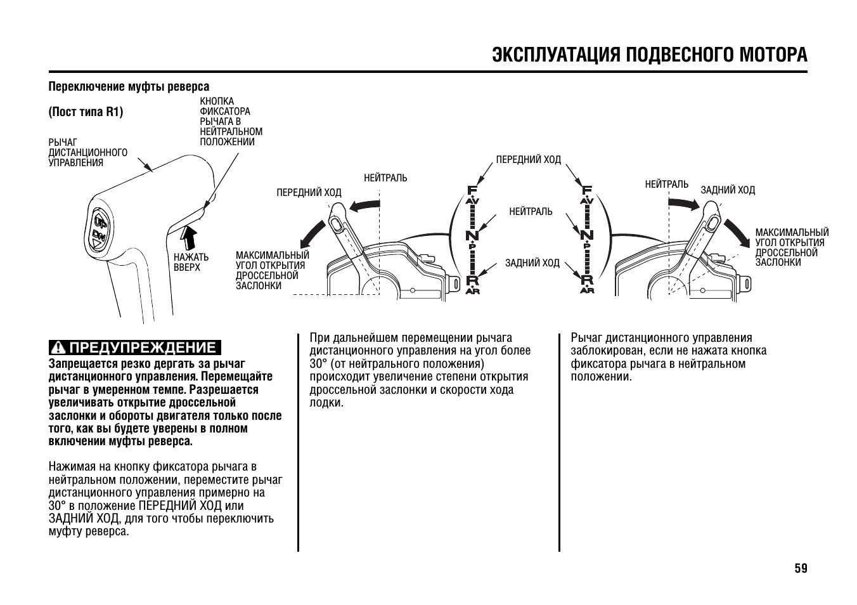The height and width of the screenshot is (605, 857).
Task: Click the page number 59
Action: (x=801, y=568)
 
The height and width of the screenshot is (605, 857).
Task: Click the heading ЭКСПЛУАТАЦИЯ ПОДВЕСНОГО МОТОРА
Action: (x=650, y=55)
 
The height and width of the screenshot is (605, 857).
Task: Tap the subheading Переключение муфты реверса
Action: (x=129, y=86)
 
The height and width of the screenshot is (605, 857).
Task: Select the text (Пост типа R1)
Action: (x=86, y=112)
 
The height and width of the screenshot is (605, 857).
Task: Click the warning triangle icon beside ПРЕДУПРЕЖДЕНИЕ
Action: (x=59, y=348)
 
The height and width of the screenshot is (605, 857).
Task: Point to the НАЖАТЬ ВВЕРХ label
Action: (x=191, y=262)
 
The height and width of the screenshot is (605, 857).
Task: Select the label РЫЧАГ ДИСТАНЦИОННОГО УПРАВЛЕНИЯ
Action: (x=87, y=152)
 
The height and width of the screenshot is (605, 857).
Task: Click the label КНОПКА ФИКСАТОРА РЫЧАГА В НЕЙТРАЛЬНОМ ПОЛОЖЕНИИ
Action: (x=231, y=122)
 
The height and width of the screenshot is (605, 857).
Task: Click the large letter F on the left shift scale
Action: (x=472, y=190)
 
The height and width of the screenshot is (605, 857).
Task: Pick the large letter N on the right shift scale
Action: (x=587, y=235)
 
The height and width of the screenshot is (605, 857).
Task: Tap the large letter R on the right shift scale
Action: (x=587, y=280)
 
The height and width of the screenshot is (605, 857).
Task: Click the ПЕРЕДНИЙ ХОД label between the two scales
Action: (x=528, y=160)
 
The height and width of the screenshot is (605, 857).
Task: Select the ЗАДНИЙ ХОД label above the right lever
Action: (x=727, y=190)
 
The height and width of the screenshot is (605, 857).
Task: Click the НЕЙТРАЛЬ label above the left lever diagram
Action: (x=385, y=178)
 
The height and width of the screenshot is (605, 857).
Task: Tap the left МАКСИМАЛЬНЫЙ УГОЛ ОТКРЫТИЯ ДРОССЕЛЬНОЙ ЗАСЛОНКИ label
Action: (x=272, y=271)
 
